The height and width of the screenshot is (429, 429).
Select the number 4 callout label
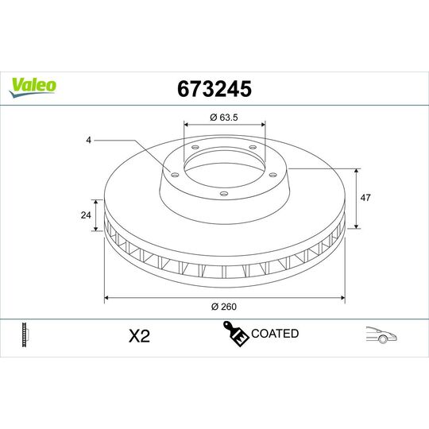pos(90,141)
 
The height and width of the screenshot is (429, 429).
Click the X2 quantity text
pos(139,336)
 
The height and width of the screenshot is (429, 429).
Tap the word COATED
pos(274,334)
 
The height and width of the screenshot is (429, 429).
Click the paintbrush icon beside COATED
pos(236,334)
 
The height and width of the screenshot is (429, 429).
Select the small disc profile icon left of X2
pos(26,334)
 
